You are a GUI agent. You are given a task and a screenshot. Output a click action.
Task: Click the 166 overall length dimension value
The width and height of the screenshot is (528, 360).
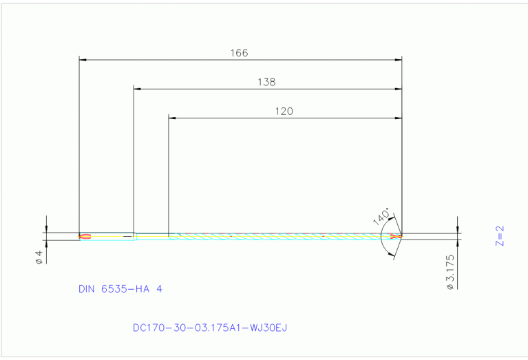(240, 53)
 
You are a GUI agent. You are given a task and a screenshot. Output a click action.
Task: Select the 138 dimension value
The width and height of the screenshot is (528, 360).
(266, 82)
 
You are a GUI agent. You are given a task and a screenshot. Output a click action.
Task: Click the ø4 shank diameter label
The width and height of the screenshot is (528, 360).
(39, 257)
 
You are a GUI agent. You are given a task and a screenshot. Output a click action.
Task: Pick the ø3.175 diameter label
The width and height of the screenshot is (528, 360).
(449, 271)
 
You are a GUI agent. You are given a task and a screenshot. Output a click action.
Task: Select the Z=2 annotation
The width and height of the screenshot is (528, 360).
(500, 235)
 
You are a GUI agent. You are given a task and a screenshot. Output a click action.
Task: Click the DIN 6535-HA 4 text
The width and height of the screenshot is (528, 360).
(120, 289)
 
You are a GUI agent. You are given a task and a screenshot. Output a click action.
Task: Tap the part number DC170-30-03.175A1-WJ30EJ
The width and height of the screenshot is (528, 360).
(209, 328)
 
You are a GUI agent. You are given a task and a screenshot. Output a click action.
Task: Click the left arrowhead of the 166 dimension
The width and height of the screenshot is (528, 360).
(83, 60)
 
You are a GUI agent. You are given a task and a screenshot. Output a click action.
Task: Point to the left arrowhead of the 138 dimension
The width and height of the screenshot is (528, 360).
(136, 89)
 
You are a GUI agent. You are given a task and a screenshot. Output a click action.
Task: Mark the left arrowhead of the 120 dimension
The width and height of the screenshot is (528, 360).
(172, 118)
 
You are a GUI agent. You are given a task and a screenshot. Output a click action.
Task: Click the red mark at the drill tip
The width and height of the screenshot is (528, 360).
(395, 236)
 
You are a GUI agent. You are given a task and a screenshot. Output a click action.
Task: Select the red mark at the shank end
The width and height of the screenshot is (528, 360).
(84, 236)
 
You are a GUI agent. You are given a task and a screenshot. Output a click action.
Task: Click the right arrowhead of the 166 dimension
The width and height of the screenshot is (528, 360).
(399, 60)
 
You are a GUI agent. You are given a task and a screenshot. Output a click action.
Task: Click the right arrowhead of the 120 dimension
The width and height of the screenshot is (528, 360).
(399, 118)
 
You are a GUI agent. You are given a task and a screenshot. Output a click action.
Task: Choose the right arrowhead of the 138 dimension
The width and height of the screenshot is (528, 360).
(399, 89)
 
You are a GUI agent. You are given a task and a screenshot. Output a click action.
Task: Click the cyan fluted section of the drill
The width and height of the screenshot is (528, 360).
(282, 236)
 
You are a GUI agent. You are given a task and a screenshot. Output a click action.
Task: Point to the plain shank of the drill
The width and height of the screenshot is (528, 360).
(107, 236)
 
